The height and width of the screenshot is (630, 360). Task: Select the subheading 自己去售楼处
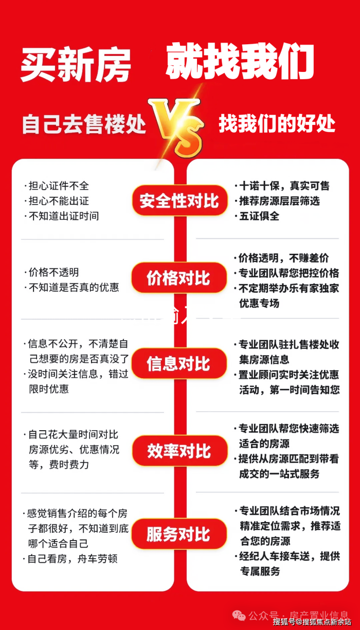tap(84, 124)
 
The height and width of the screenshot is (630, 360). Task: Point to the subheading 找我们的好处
tap(277, 123)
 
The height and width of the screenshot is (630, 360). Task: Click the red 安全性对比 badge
tap(179, 200)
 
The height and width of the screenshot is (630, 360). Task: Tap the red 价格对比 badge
tap(179, 278)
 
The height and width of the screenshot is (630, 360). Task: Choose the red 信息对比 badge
tap(179, 364)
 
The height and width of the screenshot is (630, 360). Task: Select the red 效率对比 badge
tap(179, 451)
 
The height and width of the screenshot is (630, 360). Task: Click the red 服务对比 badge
tap(179, 534)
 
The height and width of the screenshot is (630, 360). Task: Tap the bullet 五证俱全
tap(259, 216)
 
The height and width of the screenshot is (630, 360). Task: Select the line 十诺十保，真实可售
tap(284, 186)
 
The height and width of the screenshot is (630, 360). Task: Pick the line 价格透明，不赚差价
tap(284, 258)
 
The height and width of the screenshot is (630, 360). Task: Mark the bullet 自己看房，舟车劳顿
tap(72, 559)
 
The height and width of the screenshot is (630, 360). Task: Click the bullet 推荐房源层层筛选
tap(279, 201)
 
